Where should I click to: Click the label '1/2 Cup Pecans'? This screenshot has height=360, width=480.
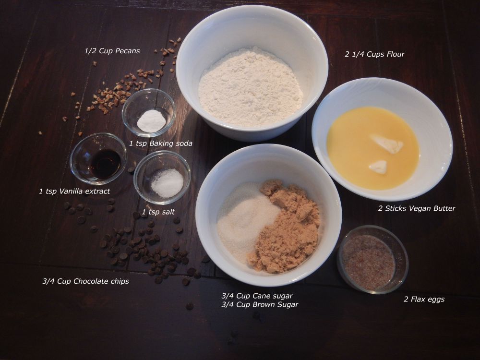coord(112,51)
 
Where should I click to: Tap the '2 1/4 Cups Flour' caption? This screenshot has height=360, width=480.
coord(374,54)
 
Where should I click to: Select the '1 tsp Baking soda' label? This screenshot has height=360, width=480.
coord(161,143)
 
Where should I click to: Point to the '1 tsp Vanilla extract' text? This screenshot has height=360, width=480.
coord(74,192)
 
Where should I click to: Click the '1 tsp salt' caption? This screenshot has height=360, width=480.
coord(158,212)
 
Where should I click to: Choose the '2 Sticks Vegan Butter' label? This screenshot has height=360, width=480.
coord(417,208)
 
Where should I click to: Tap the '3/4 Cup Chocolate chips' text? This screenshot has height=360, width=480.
coord(85,281)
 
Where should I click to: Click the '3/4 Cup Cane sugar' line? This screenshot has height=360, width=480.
coord(257,296)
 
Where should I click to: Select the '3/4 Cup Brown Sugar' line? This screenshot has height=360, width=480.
coord(260,305)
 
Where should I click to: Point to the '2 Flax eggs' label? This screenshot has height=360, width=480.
coord(424,299)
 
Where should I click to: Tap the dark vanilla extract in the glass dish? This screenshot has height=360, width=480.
coord(105,164)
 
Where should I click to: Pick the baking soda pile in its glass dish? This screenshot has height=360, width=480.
coord(151,121)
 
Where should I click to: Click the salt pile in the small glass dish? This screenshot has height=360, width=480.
coord(167,183)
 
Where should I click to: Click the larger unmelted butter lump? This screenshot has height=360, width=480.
coord(386,143)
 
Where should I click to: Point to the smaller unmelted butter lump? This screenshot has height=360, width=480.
coord(378,167)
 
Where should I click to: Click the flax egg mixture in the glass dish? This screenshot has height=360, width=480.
coord(368,262)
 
